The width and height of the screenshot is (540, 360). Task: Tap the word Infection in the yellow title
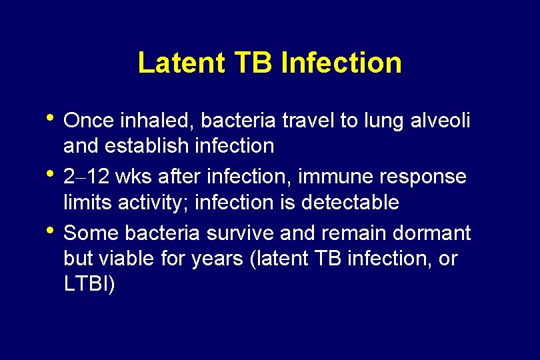[x=341, y=63]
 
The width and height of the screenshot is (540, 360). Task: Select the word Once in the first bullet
[x=89, y=121]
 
